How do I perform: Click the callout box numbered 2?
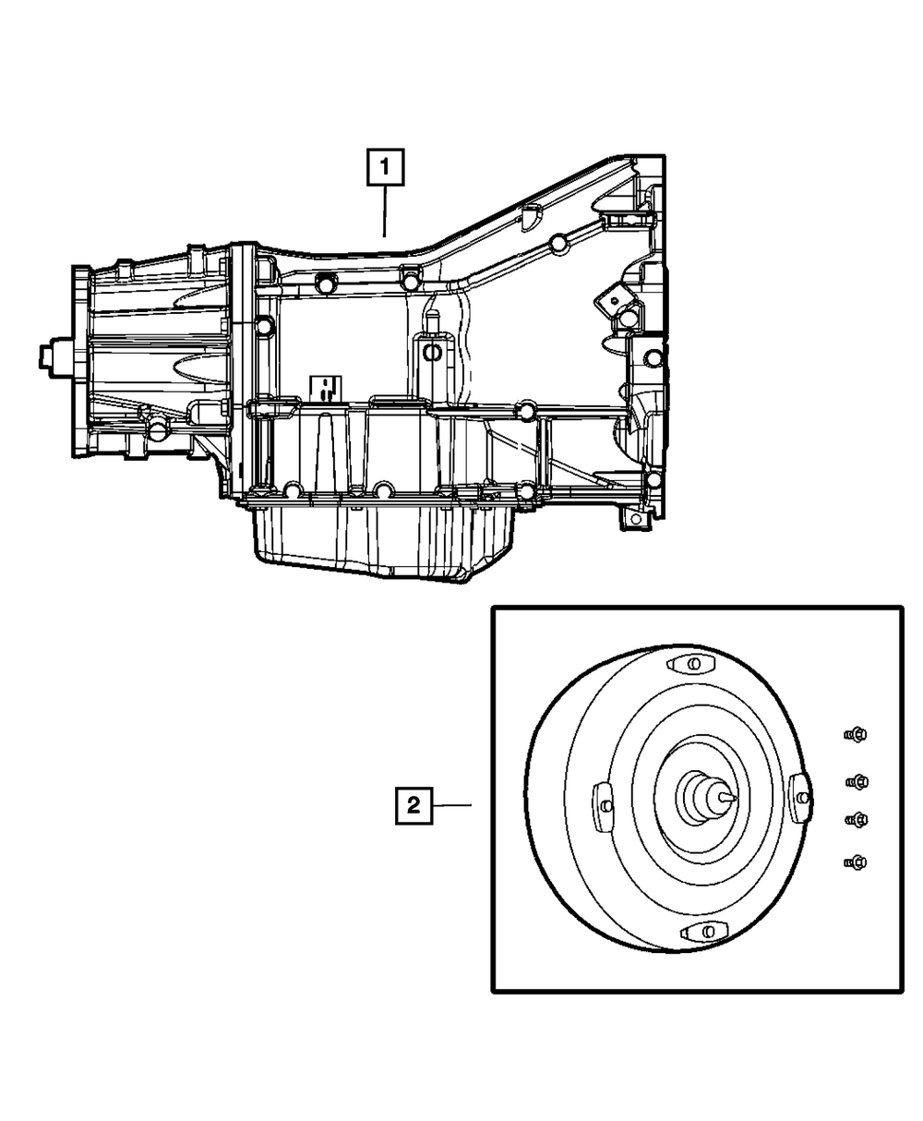pos(414,805)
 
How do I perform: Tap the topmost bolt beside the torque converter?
pos(855,735)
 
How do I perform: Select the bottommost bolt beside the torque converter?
pos(855,862)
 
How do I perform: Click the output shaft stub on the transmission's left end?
pos(54,355)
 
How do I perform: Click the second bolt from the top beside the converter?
pos(857,782)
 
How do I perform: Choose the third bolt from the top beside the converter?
pos(857,819)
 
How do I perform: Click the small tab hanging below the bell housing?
pos(633,519)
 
